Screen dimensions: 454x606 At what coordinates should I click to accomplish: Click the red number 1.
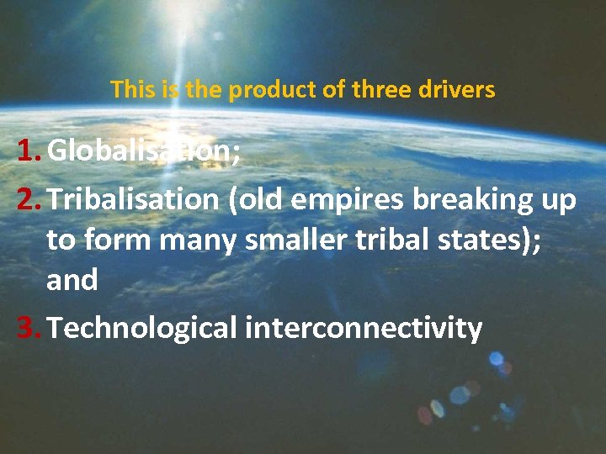coord(28,151)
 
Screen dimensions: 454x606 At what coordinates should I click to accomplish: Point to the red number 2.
coord(28,200)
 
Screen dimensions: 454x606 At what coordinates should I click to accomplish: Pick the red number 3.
coord(28,328)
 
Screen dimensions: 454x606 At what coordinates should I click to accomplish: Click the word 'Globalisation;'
coord(141,151)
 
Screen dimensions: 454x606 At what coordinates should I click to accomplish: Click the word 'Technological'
coord(142,328)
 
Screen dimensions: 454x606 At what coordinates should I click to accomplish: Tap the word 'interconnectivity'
coord(364,328)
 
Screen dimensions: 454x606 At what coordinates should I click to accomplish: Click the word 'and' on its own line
coord(72,280)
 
